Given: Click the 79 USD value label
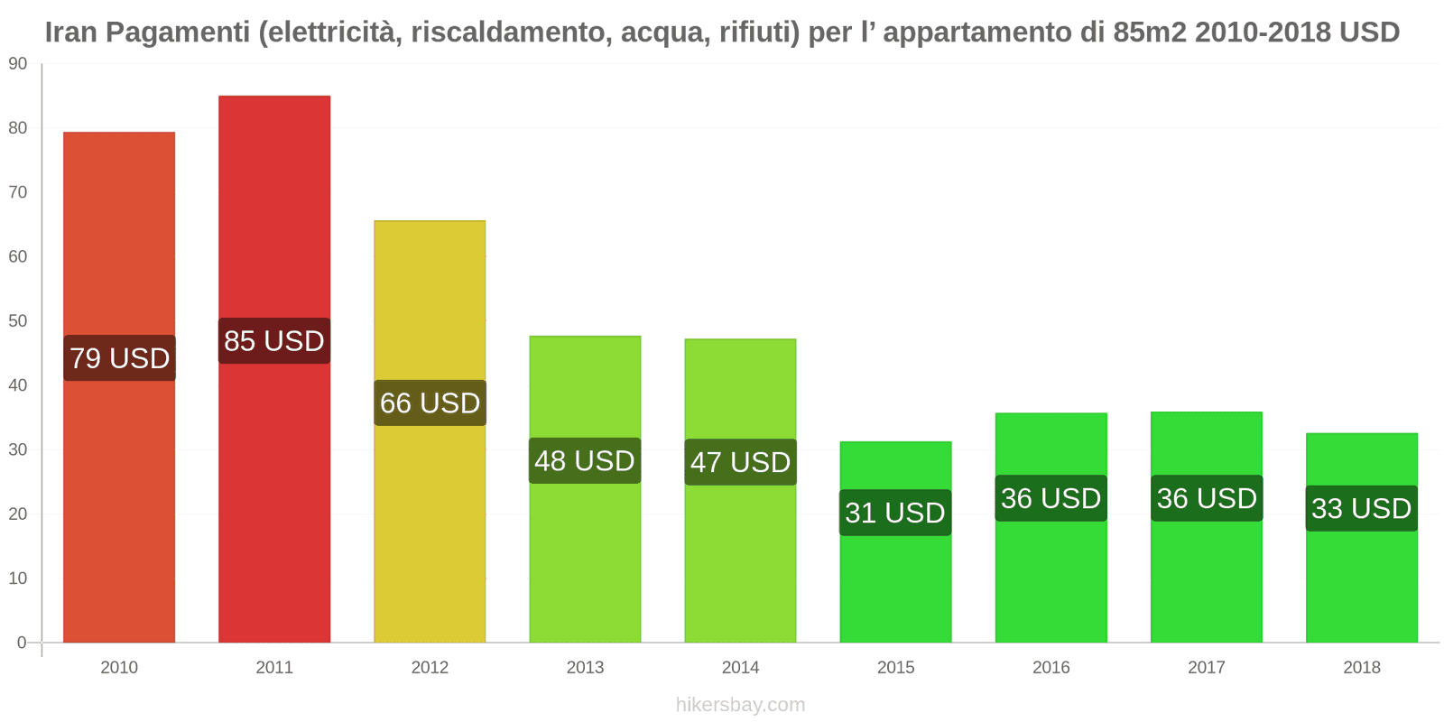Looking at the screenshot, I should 120,358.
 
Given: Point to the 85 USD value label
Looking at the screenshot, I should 274,341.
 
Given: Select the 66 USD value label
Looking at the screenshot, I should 430,403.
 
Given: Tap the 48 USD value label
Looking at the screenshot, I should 585,461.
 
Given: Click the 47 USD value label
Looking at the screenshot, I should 740,462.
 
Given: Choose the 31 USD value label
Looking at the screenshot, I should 895,513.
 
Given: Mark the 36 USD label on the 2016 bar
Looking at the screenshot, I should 1051,498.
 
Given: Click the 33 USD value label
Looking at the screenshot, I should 1361,508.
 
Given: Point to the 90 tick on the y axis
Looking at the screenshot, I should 18,64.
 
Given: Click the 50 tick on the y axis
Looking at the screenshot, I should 18,321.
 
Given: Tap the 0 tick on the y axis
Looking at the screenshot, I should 23,643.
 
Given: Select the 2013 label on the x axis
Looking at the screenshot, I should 585,668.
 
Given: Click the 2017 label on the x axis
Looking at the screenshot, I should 1206,668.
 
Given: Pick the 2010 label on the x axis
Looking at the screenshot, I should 119,668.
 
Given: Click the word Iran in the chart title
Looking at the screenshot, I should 71,32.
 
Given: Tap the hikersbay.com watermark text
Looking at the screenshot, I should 740,705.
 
